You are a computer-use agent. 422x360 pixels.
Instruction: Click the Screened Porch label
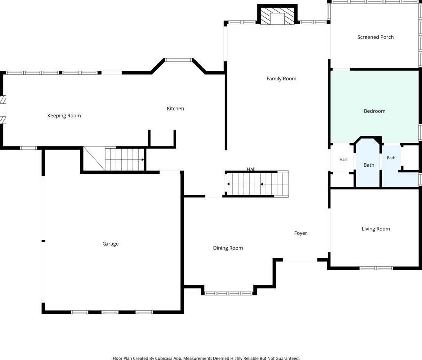coord(375,37)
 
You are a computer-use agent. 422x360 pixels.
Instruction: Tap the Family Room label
coord(281,79)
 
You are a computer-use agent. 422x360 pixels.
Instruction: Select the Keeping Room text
coord(64,116)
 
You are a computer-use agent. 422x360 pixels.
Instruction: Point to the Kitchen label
coord(175,108)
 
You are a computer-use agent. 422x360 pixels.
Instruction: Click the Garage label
coord(110,244)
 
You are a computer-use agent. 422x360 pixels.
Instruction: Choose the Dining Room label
coord(228,248)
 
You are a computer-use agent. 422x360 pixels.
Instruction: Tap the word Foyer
coord(301,233)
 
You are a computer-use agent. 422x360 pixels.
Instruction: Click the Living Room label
coord(376,229)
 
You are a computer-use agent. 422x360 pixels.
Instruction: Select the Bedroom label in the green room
coord(374,111)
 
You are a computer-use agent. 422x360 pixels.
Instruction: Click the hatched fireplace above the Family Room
coord(278,15)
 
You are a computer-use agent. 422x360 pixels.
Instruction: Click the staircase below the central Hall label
coord(256,184)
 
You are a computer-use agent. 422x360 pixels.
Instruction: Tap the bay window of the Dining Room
coord(228,293)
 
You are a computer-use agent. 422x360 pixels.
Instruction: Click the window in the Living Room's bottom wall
coord(376,268)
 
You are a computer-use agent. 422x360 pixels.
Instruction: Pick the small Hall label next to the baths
coord(343,160)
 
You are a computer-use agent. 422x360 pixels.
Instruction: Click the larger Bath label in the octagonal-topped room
coord(369,165)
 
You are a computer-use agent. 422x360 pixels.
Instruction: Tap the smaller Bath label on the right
coord(391,158)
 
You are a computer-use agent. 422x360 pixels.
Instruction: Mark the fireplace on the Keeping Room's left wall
coord(3,110)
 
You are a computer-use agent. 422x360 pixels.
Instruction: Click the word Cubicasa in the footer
coord(164,358)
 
